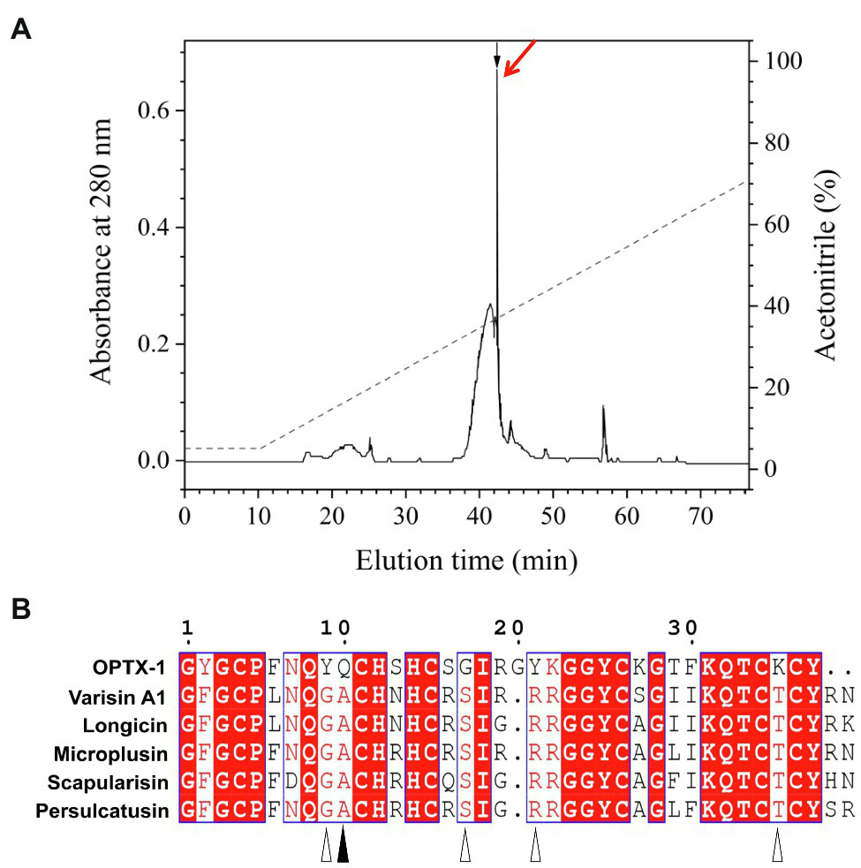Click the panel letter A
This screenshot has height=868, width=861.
pyautogui.click(x=21, y=30)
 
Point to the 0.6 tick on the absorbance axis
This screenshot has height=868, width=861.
pyautogui.click(x=155, y=110)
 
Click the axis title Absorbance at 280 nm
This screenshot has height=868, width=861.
pyautogui.click(x=103, y=251)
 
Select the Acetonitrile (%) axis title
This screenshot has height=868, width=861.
pyautogui.click(x=826, y=265)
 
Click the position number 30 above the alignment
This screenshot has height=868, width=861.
pyautogui.click(x=681, y=627)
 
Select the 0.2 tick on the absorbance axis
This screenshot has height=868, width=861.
pyautogui.click(x=155, y=344)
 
